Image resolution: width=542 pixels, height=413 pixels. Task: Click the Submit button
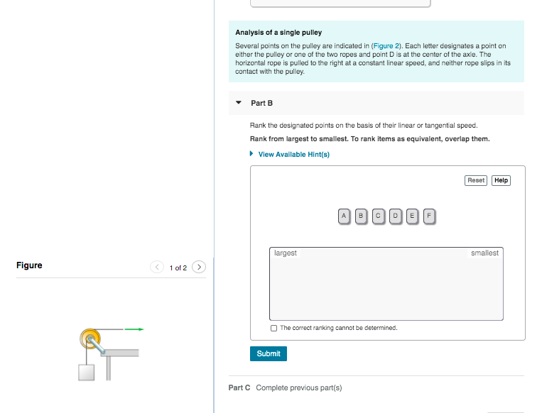(269, 353)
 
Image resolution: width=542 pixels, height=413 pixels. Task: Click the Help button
(501, 180)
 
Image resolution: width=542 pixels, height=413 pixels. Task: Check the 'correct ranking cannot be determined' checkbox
(274, 328)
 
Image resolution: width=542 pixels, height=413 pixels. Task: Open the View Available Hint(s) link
(293, 154)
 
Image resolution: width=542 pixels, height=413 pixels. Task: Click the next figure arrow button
(200, 268)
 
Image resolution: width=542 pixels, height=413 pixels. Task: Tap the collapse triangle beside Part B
(238, 103)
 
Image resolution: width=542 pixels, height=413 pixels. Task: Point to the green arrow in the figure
(134, 329)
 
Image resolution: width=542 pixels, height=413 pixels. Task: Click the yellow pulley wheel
(90, 337)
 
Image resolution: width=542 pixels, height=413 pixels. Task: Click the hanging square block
(87, 372)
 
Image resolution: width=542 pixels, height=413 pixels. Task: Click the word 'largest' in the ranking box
(285, 253)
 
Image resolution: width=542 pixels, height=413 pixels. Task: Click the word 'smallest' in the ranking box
(484, 253)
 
